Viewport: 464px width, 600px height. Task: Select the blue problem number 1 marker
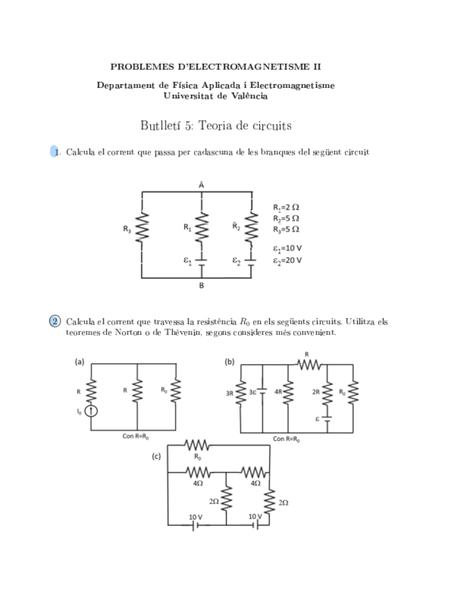[x=55, y=152]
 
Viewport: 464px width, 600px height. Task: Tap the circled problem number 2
[x=55, y=321]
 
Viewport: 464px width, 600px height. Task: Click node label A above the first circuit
[x=202, y=183]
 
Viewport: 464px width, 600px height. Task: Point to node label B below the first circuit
[x=202, y=286]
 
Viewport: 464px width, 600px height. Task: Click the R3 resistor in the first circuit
[x=142, y=228]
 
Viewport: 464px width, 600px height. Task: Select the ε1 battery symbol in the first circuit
[x=202, y=260]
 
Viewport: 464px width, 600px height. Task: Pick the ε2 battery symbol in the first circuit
[x=251, y=260]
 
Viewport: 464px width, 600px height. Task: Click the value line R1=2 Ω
[x=285, y=207]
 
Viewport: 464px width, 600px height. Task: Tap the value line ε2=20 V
[x=287, y=260]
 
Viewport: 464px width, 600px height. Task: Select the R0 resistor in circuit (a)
[x=177, y=390]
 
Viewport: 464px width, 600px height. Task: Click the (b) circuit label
[x=230, y=362]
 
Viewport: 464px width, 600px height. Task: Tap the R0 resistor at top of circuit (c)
[x=198, y=446]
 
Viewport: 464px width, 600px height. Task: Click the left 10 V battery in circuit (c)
[x=195, y=525]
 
